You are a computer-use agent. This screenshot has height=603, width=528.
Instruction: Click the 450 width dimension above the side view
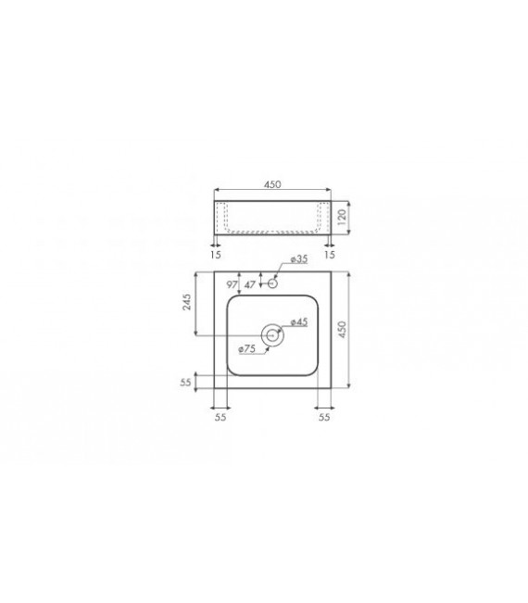[272, 184]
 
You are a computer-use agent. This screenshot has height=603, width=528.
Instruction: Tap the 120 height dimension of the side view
[341, 217]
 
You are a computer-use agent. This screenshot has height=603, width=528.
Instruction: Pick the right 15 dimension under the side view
[330, 253]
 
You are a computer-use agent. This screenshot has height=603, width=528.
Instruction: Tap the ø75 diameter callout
[246, 348]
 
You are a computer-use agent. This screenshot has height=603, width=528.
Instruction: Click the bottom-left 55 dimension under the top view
[220, 417]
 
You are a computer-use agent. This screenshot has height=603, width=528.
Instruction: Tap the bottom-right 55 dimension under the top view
[324, 417]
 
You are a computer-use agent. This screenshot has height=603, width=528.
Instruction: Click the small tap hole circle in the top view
[272, 283]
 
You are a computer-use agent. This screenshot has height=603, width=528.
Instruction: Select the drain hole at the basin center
[271, 336]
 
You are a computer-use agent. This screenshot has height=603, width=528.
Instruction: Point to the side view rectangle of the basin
[271, 216]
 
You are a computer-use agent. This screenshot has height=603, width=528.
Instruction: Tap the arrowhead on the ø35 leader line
[277, 280]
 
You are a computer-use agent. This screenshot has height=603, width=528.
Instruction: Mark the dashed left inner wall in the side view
[224, 217]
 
